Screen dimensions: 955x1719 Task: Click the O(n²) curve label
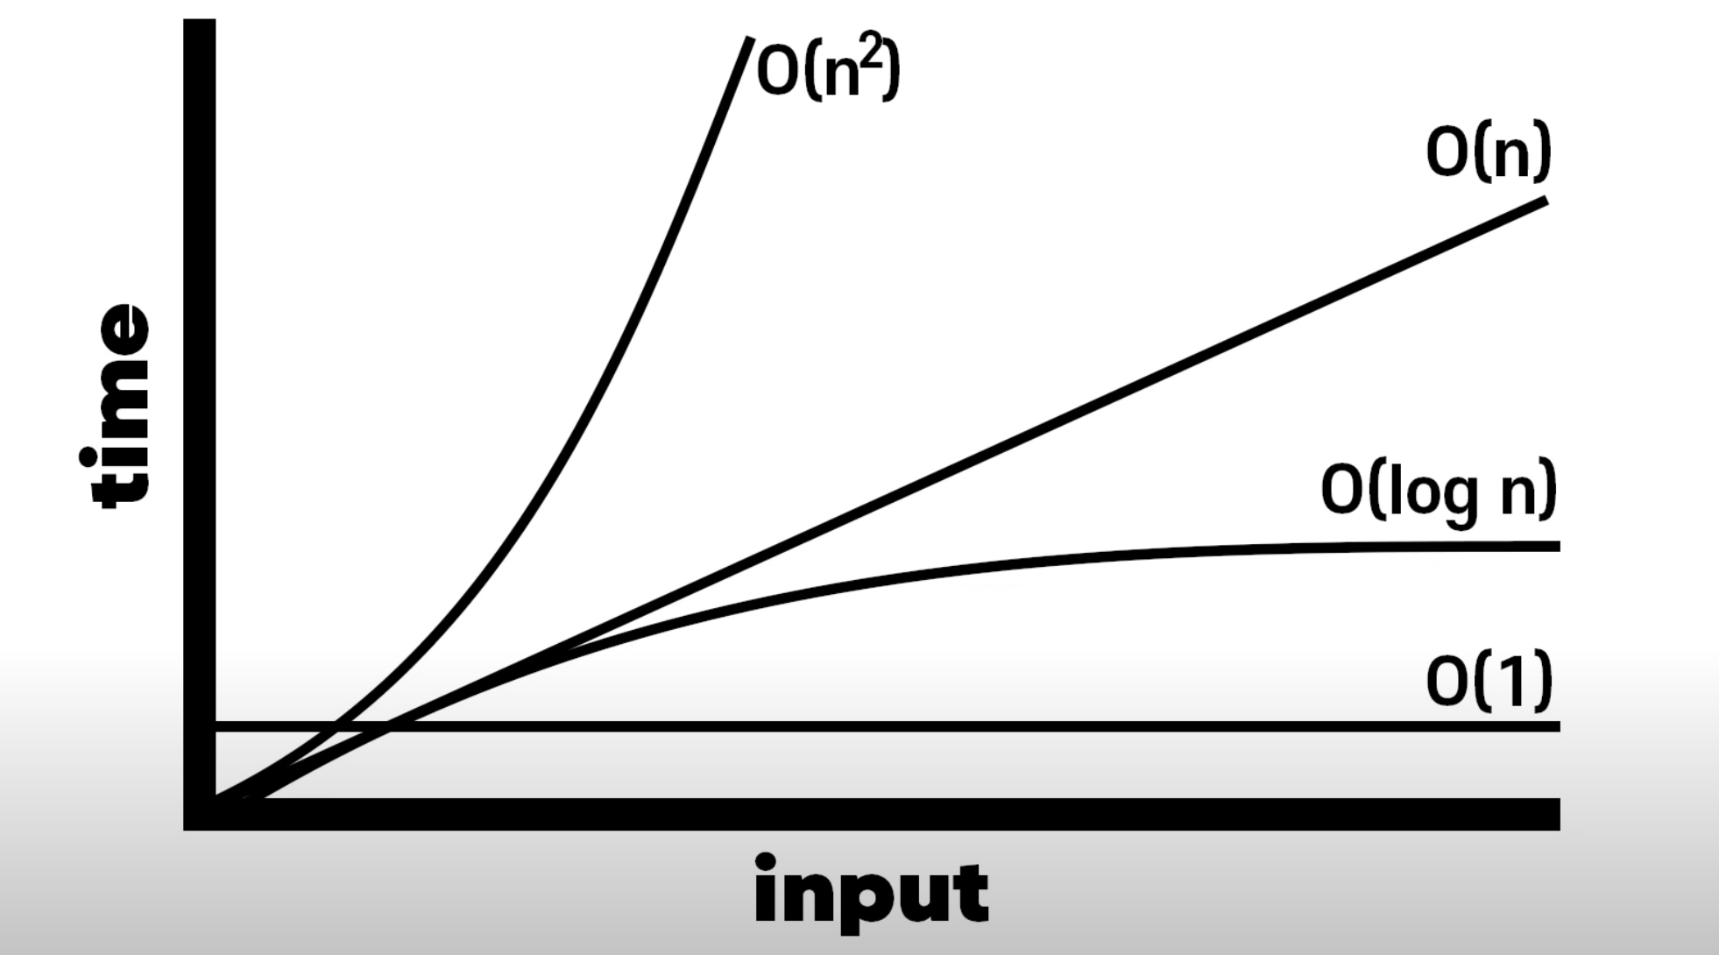pos(827,70)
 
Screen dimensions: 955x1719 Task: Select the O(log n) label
pos(1438,491)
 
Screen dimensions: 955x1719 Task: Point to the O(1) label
pos(1489,682)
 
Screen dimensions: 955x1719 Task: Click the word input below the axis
pos(871,892)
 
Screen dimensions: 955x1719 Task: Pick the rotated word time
pos(117,405)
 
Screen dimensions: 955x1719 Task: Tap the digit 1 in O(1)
pos(1502,681)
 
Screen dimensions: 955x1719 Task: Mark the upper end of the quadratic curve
pos(749,39)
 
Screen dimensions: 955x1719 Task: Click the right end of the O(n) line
pos(1546,202)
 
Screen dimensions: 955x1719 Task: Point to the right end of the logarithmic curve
pos(1558,546)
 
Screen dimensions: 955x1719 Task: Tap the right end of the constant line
pos(1558,726)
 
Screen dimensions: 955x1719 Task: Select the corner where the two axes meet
pos(200,814)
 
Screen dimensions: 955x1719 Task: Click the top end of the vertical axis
pos(200,23)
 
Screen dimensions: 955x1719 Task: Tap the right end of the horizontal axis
pos(1557,814)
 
